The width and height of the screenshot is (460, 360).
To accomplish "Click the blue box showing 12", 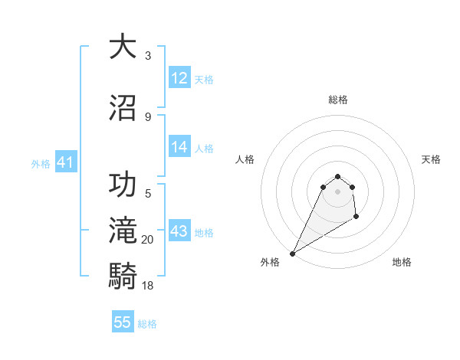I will coord(179,78).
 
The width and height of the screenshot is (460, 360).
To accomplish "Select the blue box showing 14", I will coord(179,147).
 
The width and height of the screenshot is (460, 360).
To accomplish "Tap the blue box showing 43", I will coord(179,231).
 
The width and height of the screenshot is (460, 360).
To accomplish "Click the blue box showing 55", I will coord(123,322).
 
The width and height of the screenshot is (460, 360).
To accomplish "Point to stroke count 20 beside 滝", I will coord(148,240).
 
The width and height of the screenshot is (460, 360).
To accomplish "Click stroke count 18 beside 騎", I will coord(148,285).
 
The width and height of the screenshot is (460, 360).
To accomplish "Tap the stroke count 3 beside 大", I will coord(148,56).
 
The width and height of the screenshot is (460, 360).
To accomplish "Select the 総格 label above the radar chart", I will coord(338,100).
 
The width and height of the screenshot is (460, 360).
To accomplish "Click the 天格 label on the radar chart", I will coord(431,159).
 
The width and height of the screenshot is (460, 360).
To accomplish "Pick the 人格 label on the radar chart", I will coord(245,159).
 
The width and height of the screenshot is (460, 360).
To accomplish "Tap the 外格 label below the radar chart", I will coord(270,262).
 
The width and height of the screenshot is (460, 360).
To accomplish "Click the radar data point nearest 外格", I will coord(292,254).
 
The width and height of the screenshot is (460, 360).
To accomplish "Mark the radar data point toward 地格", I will coord(356,218).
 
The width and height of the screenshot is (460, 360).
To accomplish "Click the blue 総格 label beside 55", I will coord(147,324).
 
